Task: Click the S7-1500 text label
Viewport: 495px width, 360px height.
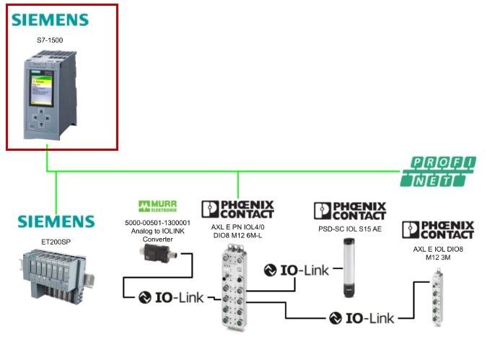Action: (50, 40)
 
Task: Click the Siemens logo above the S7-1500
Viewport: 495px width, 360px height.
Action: (50, 19)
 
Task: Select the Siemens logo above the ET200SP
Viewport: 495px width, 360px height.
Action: (56, 221)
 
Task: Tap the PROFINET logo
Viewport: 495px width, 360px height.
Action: (439, 172)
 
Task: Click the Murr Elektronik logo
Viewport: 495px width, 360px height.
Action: (157, 208)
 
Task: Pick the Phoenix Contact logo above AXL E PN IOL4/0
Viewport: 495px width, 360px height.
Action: (238, 209)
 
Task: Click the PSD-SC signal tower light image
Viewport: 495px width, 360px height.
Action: (349, 271)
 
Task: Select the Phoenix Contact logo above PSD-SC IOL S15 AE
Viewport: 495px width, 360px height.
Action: (350, 211)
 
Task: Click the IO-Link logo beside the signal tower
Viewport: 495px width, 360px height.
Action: (296, 271)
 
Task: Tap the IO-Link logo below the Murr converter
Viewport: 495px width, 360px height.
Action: (170, 297)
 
